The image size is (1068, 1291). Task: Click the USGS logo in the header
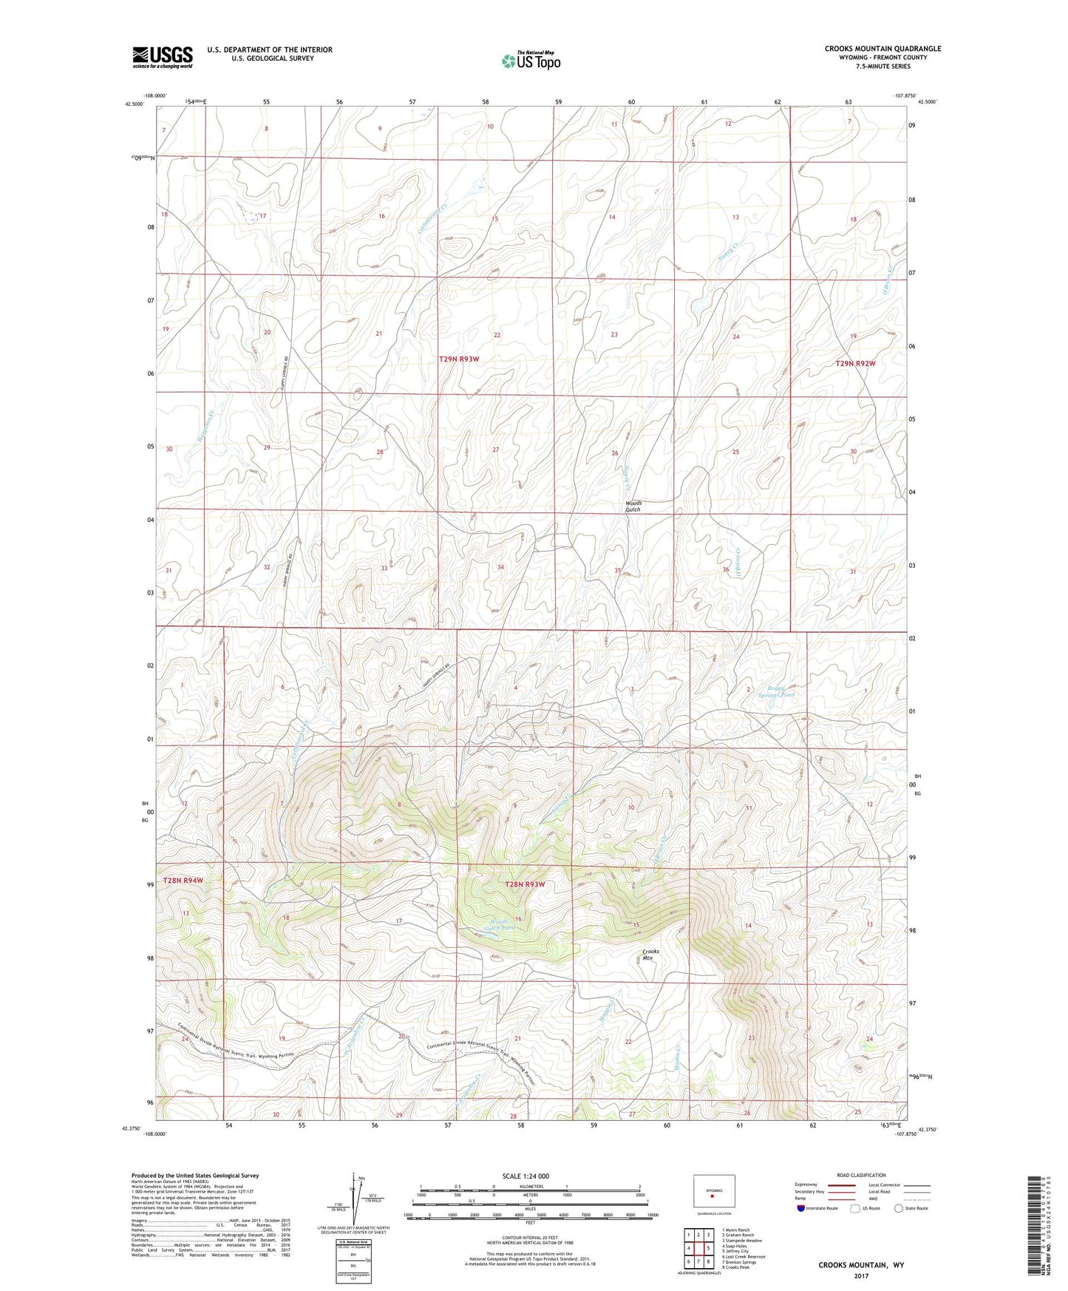[x=163, y=56]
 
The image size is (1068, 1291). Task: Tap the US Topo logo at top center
[x=531, y=60]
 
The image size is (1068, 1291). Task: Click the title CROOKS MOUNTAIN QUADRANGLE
[x=882, y=49]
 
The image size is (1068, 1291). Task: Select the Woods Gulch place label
[x=633, y=506]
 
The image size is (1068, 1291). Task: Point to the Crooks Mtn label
[x=650, y=954]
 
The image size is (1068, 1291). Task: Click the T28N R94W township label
[x=183, y=880]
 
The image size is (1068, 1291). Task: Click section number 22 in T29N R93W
[x=497, y=336]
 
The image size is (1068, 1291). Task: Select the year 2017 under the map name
[x=860, y=1276]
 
